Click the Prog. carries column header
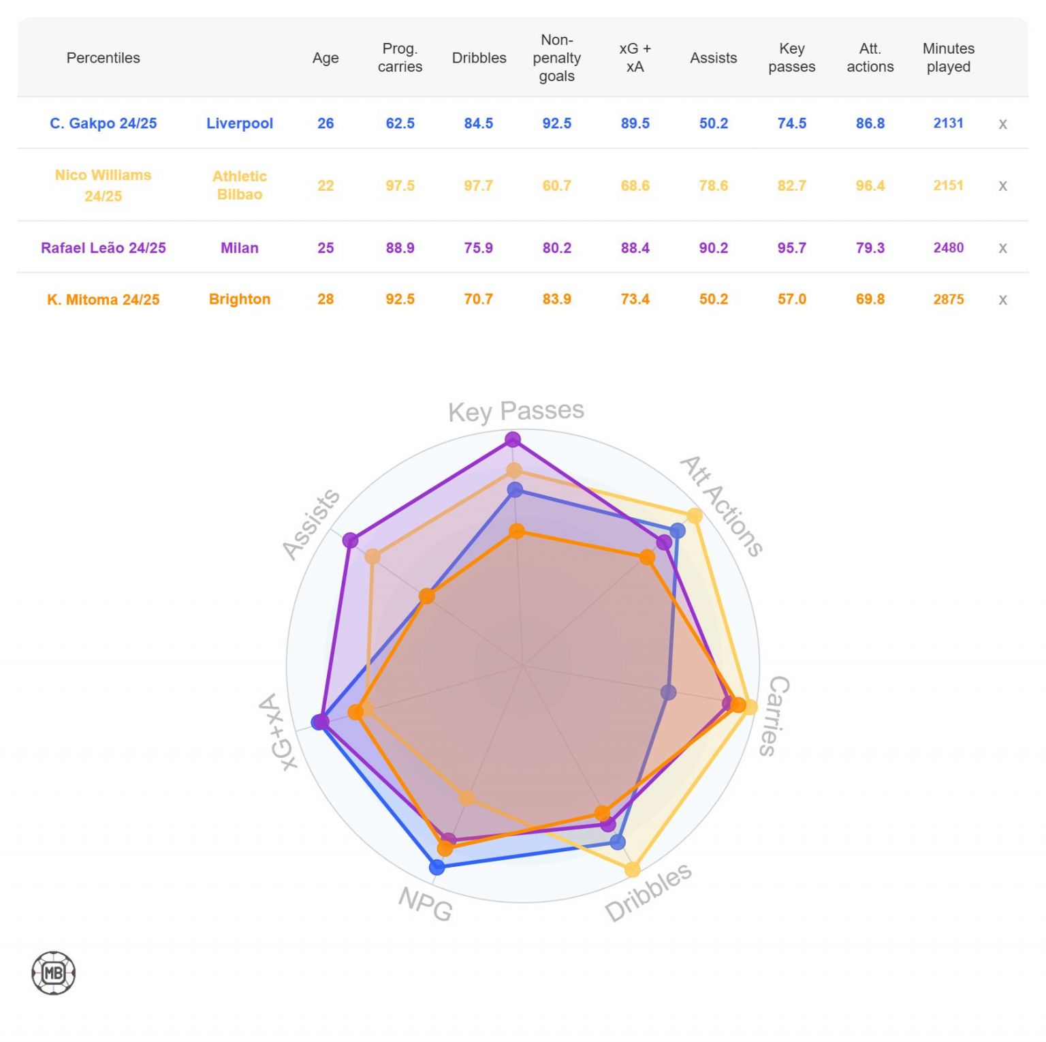pos(400,58)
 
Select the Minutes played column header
pos(948,58)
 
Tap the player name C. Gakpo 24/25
pos(104,123)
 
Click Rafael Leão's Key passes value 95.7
pos(791,248)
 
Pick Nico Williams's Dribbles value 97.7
pos(478,185)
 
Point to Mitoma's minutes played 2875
pos(948,299)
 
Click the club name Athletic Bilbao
pos(240,185)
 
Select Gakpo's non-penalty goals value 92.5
pos(556,123)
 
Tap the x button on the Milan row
pos(1002,248)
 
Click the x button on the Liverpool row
pos(1002,124)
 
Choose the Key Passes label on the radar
pos(516,411)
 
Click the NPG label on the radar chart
pos(426,904)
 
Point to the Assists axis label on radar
pos(311,524)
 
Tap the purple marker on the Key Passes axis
pos(513,440)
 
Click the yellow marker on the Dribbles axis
pos(633,870)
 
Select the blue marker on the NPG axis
pos(437,867)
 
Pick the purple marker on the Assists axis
pos(350,540)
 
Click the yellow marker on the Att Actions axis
pos(694,516)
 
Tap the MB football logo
pos(53,973)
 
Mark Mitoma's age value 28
pos(326,299)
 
